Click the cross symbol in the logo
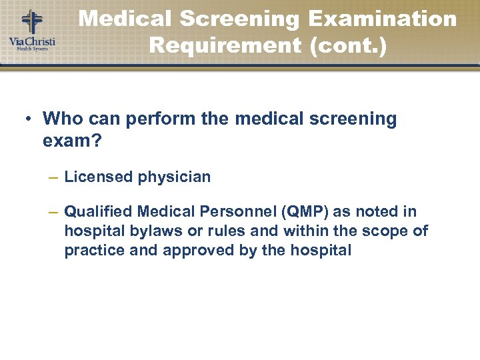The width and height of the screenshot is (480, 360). tap(31, 21)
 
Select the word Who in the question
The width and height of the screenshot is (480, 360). tap(61, 119)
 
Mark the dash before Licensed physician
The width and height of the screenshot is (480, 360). tap(53, 177)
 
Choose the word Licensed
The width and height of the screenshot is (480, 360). tap(99, 177)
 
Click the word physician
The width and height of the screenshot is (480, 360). tap(174, 177)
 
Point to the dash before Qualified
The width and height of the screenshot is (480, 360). tap(53, 212)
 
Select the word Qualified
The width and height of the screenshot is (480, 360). tap(99, 212)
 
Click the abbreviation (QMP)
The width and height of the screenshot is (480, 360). tap(305, 212)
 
